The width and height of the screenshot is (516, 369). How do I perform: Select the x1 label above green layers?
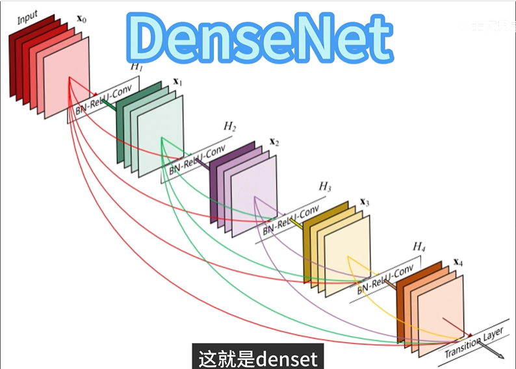177,83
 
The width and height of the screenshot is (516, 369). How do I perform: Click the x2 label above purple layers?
274,142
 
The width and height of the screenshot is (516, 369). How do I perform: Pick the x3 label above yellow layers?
365,202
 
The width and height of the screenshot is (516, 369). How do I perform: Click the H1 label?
136,66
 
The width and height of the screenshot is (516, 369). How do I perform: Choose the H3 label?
325,187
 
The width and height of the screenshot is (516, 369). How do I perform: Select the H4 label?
419,247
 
